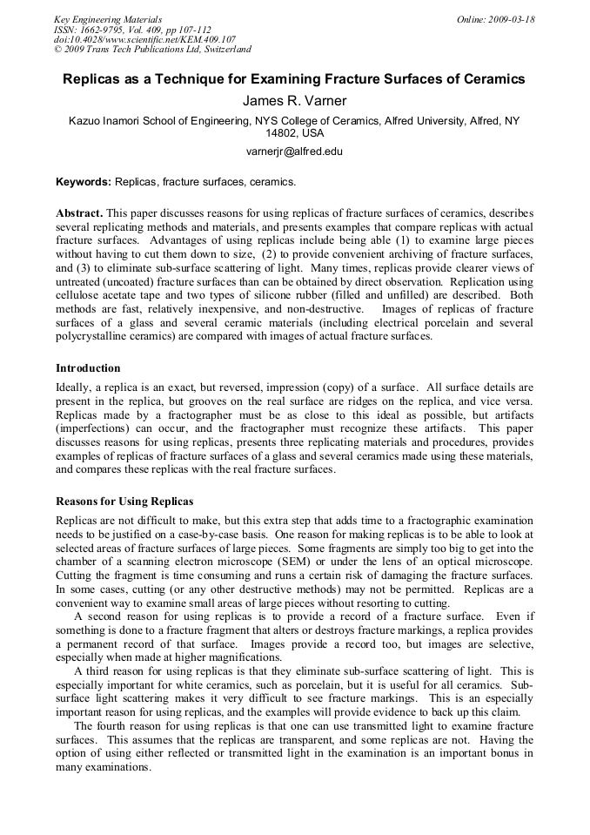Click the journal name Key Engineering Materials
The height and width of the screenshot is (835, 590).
click(108, 18)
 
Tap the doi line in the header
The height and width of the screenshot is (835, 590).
click(144, 39)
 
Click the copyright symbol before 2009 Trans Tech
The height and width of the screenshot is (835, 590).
click(57, 50)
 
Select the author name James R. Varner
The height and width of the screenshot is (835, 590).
click(294, 101)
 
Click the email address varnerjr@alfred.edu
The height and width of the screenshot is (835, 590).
click(294, 151)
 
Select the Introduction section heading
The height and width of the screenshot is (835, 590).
click(88, 368)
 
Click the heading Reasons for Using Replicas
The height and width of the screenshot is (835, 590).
click(124, 502)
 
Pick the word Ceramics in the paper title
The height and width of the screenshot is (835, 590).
click(496, 79)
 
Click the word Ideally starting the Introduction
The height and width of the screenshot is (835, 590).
click(74, 387)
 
